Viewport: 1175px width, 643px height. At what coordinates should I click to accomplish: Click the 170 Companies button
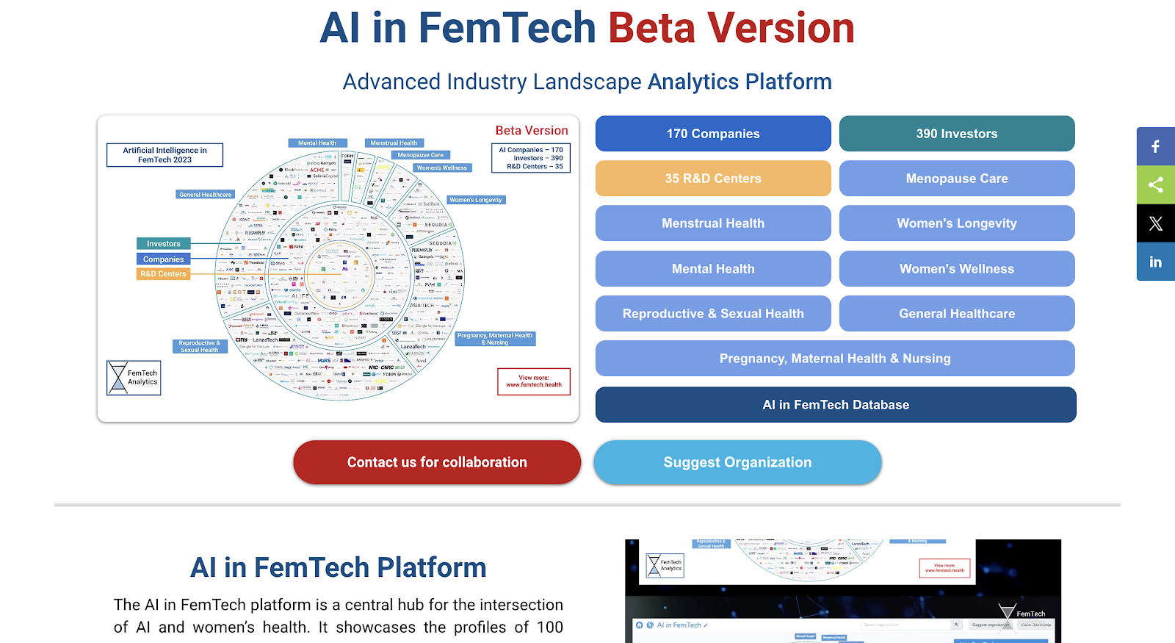(x=713, y=134)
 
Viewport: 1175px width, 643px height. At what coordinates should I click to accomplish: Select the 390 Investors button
(x=956, y=134)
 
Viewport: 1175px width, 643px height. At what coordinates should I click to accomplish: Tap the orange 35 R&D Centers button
(x=713, y=179)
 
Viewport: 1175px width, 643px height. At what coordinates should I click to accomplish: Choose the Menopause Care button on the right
(x=956, y=179)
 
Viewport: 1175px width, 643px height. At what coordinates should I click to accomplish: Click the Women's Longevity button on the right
(x=956, y=223)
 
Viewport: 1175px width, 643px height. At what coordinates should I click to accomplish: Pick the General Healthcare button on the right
(x=956, y=314)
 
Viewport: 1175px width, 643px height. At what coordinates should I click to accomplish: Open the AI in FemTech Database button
(x=836, y=405)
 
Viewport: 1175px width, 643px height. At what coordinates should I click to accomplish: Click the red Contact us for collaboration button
(x=437, y=462)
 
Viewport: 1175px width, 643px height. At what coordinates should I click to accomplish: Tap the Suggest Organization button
(x=737, y=462)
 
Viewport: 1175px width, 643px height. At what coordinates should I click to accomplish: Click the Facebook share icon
(x=1155, y=146)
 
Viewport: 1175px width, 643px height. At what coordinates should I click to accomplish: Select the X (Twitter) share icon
(x=1155, y=223)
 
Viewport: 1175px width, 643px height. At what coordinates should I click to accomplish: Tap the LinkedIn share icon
(x=1155, y=262)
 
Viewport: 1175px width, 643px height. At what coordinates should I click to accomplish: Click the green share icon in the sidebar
(x=1155, y=184)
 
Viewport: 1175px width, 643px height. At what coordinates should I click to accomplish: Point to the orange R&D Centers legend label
(x=163, y=274)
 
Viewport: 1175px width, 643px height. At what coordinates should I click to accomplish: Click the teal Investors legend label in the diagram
(x=163, y=244)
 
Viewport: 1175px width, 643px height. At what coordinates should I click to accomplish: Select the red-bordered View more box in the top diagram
(x=533, y=381)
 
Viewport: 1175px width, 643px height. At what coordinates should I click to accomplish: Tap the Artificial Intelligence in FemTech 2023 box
(x=164, y=155)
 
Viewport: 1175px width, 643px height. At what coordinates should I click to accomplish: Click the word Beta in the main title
(x=651, y=28)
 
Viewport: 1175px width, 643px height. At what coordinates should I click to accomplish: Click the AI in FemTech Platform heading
(x=338, y=568)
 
